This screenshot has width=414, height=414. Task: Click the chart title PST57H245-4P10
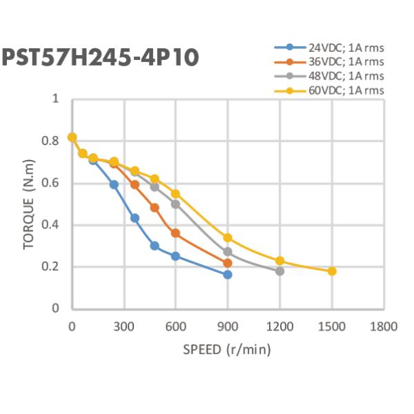tap(100, 57)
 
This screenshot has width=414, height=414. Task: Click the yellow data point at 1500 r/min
tap(332, 271)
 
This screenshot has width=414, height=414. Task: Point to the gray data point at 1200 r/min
tap(279, 271)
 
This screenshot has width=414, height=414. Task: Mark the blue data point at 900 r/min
tap(228, 275)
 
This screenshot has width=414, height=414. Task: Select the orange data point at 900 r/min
tap(228, 263)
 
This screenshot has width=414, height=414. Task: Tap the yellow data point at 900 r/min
tap(228, 237)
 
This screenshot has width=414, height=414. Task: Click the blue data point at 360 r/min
tap(135, 218)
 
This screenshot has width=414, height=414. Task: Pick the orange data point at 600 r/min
tap(175, 233)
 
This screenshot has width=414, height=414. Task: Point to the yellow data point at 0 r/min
tap(72, 137)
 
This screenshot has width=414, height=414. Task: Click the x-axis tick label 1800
tap(384, 326)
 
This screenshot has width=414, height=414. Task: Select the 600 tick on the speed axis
tap(175, 326)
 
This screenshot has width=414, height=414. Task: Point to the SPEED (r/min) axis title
tap(227, 349)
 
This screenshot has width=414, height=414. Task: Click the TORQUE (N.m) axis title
tap(29, 204)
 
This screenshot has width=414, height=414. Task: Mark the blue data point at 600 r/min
tap(175, 256)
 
